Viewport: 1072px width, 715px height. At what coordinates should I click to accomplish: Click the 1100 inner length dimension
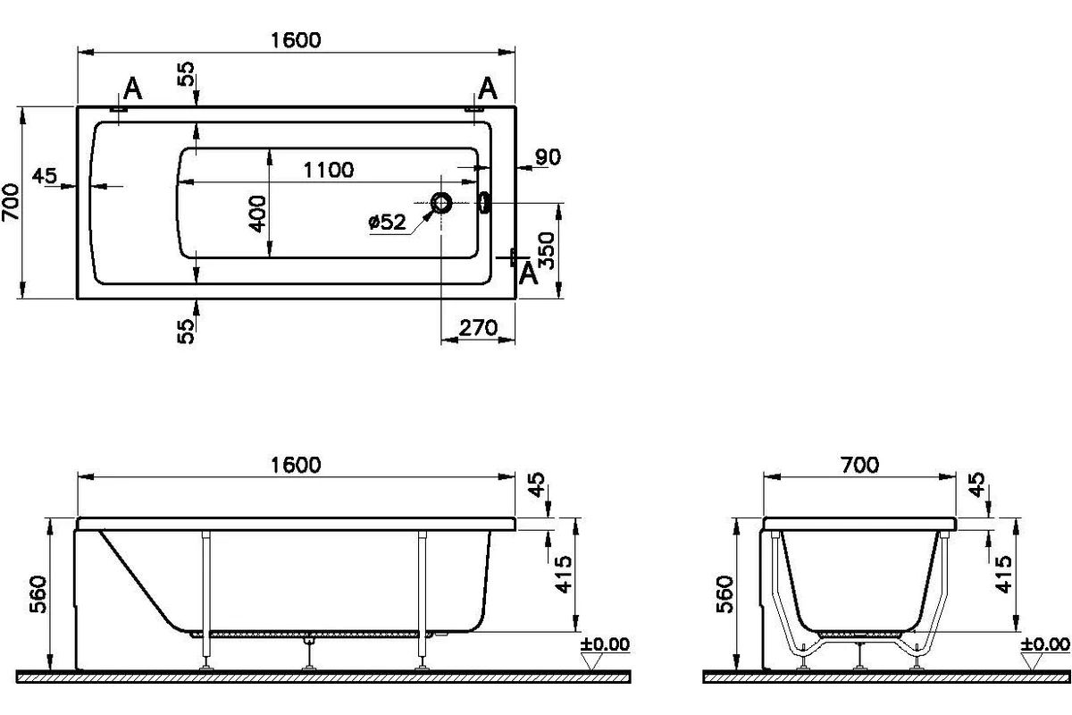click(x=329, y=170)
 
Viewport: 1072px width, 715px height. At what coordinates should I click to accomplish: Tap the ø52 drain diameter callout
click(x=387, y=222)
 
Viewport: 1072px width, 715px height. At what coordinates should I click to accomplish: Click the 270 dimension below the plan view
click(x=478, y=328)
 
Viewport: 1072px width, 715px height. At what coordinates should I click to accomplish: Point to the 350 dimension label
click(x=546, y=251)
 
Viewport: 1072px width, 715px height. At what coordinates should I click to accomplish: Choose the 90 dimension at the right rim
click(x=548, y=157)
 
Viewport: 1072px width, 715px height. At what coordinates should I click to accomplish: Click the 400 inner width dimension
click(x=258, y=214)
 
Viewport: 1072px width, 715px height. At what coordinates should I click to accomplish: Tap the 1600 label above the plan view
click(x=296, y=40)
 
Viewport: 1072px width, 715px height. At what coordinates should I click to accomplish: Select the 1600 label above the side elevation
click(x=296, y=465)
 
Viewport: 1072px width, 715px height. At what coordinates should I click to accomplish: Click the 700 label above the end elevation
click(x=860, y=465)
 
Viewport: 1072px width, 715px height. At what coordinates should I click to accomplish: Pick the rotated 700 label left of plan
click(x=11, y=202)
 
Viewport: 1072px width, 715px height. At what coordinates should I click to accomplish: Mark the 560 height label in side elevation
click(x=38, y=594)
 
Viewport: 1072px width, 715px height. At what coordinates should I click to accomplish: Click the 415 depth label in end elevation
click(x=1003, y=574)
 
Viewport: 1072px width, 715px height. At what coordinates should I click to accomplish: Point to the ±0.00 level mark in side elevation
click(x=605, y=644)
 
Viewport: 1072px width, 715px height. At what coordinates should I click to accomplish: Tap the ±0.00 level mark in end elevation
click(x=1045, y=644)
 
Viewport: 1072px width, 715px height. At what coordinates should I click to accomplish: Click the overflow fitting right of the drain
click(x=485, y=202)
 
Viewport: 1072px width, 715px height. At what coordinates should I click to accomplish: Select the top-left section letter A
click(x=132, y=89)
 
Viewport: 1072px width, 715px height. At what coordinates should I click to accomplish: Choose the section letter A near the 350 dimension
click(x=528, y=273)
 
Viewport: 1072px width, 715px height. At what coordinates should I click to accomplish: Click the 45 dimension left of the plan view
click(x=45, y=176)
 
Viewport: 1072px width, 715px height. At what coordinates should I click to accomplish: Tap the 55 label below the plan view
click(x=186, y=332)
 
